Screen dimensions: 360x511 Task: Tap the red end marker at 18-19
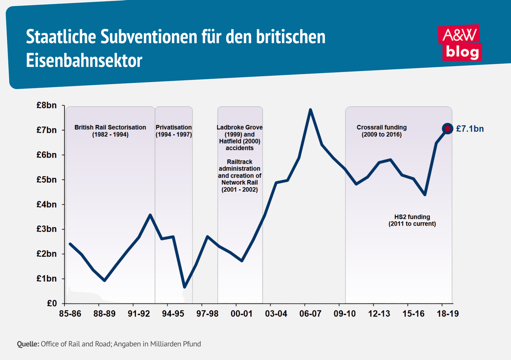click(x=447, y=128)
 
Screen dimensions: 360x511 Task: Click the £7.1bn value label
click(x=470, y=129)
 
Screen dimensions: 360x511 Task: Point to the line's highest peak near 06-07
click(x=310, y=110)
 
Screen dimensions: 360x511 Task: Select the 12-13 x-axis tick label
click(x=379, y=314)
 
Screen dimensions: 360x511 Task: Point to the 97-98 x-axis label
click(x=207, y=314)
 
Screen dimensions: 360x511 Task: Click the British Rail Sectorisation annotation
click(x=110, y=131)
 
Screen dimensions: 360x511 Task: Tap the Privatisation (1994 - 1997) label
click(x=174, y=131)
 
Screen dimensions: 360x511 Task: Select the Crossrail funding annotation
click(x=381, y=131)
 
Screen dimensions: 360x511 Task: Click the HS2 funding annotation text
click(x=412, y=220)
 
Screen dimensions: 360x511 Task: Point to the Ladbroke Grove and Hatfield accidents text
click(x=240, y=137)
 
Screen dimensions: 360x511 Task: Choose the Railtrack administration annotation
click(x=240, y=175)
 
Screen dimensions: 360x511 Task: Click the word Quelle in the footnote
click(x=27, y=343)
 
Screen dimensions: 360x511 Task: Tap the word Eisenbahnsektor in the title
click(x=83, y=60)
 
